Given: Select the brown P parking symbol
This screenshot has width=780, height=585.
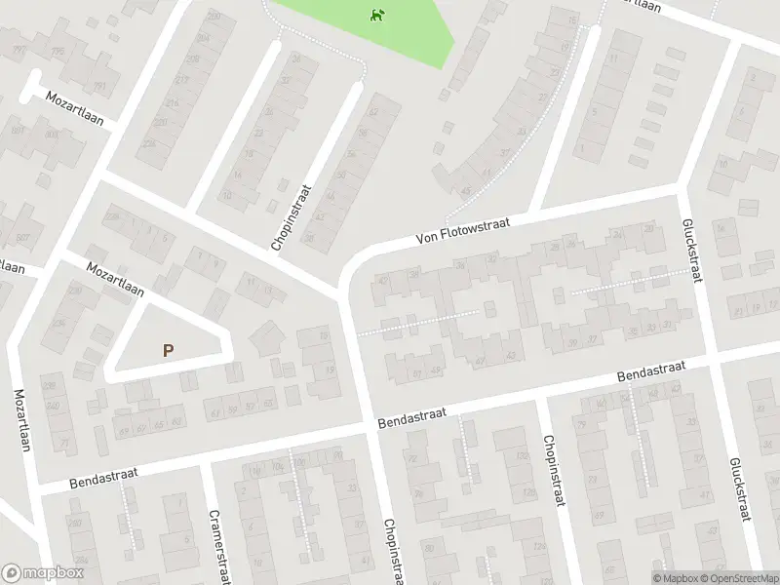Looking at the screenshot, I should (169, 350).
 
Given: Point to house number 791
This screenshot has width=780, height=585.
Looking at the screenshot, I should (97, 86).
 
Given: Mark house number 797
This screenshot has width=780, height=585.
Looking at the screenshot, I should (17, 50).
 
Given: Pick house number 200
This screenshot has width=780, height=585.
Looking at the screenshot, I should (213, 18).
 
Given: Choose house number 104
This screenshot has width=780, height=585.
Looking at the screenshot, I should (253, 470).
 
